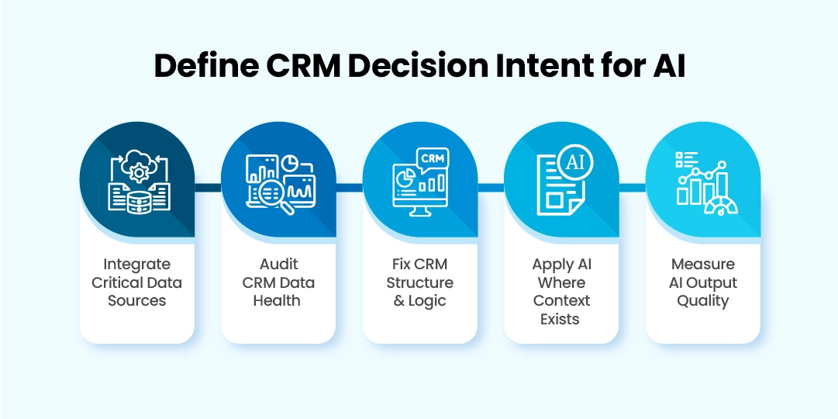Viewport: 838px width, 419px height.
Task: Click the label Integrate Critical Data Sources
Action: [137, 282]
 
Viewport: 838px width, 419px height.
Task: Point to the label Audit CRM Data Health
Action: [278, 282]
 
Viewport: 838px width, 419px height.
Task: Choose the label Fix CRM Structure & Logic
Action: [419, 282]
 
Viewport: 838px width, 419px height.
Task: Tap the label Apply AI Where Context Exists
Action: [561, 291]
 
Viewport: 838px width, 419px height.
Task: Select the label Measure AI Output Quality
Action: [702, 282]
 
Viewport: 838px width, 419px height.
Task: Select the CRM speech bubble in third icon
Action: [431, 159]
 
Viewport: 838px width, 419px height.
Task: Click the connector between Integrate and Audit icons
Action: [207, 186]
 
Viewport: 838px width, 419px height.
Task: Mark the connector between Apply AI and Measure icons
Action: [632, 186]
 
